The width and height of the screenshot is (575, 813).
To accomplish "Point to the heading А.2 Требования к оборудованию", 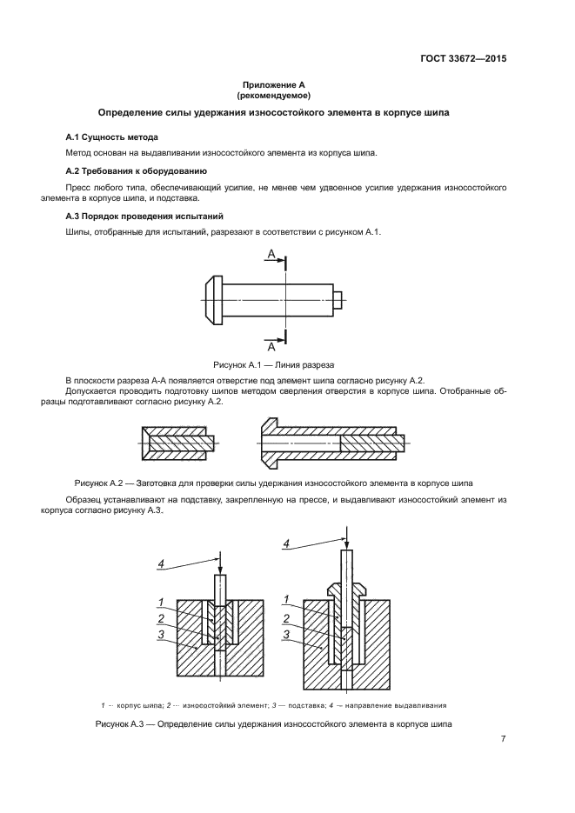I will point(135,170).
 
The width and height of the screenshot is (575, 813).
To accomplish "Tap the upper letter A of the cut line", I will point(271,254).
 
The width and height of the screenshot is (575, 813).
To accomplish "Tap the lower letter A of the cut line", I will point(271,345).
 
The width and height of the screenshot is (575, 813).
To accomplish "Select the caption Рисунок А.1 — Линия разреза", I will point(273,365).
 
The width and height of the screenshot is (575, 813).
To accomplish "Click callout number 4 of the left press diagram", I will point(160,564).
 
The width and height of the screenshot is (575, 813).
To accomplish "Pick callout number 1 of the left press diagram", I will point(162,601).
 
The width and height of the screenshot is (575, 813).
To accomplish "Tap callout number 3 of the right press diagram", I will point(286,636).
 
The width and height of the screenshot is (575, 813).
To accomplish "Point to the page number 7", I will point(503,739).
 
